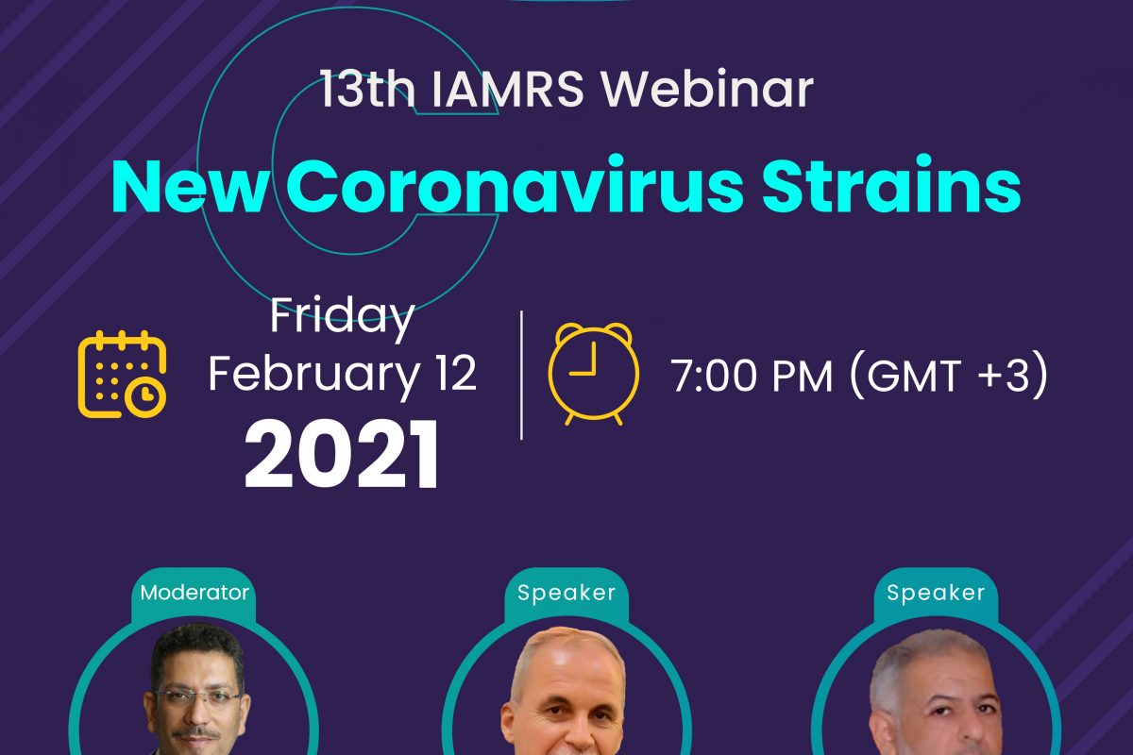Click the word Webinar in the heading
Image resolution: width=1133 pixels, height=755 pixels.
click(707, 89)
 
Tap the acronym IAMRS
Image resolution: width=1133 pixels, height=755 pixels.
click(508, 90)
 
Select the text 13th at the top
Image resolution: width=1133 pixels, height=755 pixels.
click(366, 90)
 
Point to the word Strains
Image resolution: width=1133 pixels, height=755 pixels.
click(891, 185)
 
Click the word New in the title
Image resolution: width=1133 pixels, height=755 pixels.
click(189, 186)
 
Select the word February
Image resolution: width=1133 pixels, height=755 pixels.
click(313, 375)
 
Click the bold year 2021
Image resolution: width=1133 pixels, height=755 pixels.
click(341, 453)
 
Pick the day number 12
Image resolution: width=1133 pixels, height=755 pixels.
click(456, 373)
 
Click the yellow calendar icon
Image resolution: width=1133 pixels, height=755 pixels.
click(122, 375)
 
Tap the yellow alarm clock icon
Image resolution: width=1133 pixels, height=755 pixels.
click(593, 374)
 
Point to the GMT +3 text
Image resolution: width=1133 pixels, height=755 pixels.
click(947, 376)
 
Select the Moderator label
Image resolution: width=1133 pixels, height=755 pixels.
click(194, 593)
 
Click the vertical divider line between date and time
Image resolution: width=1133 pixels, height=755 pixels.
click(521, 376)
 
